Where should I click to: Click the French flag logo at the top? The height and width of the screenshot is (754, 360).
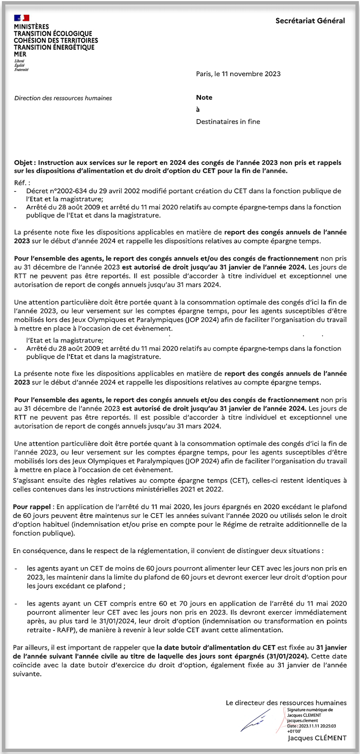pyautogui.click(x=21, y=18)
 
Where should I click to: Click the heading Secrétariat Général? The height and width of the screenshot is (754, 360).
pyautogui.click(x=310, y=21)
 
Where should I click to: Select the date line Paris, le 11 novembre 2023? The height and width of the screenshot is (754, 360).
pyautogui.click(x=238, y=74)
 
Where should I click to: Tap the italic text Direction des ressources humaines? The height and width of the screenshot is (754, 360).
pyautogui.click(x=63, y=98)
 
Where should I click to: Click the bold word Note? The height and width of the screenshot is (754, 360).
pyautogui.click(x=204, y=98)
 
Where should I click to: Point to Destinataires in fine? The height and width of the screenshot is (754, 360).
pyautogui.click(x=228, y=122)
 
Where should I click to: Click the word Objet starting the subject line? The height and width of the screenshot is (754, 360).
pyautogui.click(x=23, y=163)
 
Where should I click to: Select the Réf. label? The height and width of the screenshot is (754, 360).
pyautogui.click(x=21, y=183)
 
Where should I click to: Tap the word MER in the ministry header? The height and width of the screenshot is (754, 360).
pyautogui.click(x=20, y=54)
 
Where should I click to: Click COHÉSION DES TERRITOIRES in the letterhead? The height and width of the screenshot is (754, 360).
pyautogui.click(x=56, y=41)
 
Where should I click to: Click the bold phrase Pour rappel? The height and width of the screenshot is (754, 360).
pyautogui.click(x=32, y=507)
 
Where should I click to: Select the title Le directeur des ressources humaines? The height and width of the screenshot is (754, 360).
pyautogui.click(x=286, y=702)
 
